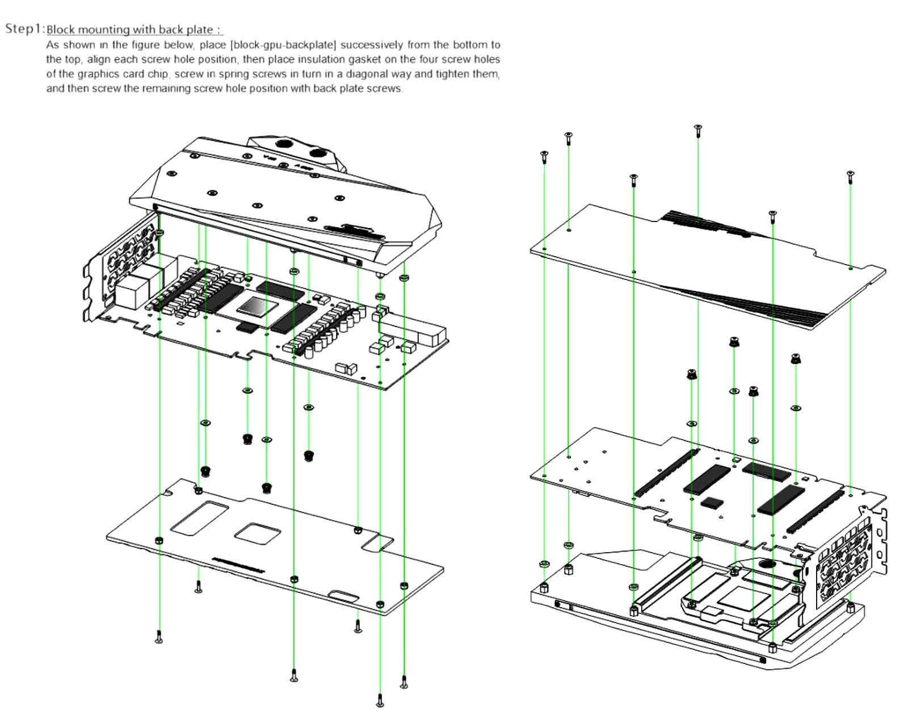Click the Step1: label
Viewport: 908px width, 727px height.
(x=25, y=28)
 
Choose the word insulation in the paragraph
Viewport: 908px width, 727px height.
(x=314, y=59)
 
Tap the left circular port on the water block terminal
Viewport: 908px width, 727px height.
(x=281, y=143)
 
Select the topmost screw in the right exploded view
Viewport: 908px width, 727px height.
(x=697, y=130)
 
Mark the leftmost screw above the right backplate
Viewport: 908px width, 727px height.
(x=544, y=156)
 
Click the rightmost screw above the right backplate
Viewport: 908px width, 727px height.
(x=850, y=176)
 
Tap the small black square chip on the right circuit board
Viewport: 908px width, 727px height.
(x=713, y=502)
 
